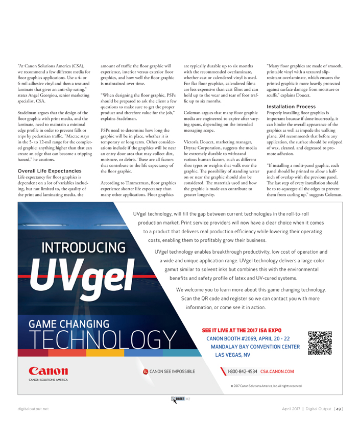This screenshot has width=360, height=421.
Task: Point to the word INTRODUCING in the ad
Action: pos(84,248)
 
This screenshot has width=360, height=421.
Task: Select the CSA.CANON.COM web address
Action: pos(277,372)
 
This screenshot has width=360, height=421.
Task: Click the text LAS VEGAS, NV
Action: pos(232,355)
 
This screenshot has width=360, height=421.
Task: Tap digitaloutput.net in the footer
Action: pos(32,409)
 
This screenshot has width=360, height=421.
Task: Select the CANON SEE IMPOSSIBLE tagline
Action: pos(172,371)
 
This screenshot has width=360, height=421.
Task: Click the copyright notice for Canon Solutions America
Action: pos(266,386)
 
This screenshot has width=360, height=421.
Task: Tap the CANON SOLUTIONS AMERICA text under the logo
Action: pos(47,380)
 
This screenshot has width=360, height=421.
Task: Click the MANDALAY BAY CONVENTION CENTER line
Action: pos(255,346)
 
